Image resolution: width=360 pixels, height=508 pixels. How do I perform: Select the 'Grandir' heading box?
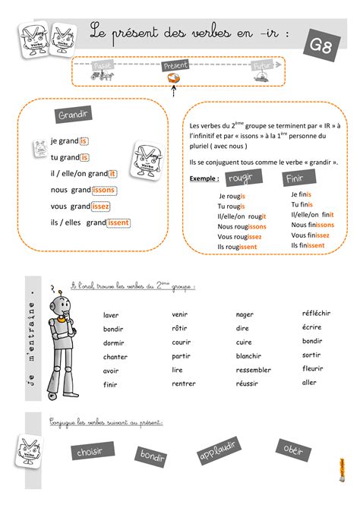[x=74, y=115]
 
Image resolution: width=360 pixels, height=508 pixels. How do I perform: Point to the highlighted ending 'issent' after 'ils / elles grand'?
[x=118, y=222]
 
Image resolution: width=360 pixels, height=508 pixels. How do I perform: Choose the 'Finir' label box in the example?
[x=296, y=179]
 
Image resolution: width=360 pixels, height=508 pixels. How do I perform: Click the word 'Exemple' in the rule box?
[x=203, y=179]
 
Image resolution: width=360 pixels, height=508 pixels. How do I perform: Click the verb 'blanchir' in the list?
[x=248, y=355]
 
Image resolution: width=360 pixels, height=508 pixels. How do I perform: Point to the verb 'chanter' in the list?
[x=115, y=356]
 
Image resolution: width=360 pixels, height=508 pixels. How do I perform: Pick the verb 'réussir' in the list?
[x=247, y=383]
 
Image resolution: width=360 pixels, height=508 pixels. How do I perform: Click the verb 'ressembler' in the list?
[x=253, y=370]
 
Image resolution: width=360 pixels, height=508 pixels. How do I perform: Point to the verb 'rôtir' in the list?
[x=179, y=328]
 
